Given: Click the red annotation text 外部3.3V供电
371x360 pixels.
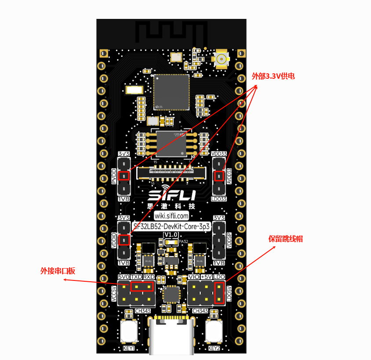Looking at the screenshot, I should click(273, 76).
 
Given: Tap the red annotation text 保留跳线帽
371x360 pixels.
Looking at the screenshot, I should click(285, 239).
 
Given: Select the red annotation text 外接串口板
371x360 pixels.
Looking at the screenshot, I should click(58, 271).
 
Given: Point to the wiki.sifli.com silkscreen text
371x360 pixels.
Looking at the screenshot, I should click(171, 216).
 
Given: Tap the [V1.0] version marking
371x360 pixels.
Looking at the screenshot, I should click(171, 235).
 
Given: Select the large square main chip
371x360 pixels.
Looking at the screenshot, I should click(171, 92).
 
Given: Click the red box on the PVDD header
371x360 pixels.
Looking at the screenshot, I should click(124, 176).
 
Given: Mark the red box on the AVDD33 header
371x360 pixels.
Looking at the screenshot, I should click(218, 176).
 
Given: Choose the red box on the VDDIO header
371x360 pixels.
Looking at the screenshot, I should click(124, 240).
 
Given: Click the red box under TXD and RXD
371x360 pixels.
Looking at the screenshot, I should click(142, 287).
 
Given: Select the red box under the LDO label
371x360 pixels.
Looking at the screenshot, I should click(219, 293).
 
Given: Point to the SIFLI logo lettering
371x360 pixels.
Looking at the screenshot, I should click(171, 195).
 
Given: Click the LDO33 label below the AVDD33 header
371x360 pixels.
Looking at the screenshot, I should click(218, 199).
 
